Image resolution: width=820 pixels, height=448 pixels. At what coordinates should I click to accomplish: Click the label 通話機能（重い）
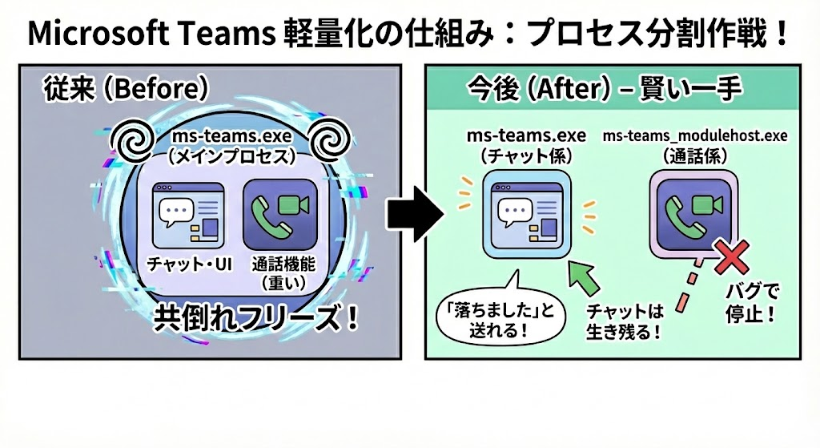[x=275, y=273]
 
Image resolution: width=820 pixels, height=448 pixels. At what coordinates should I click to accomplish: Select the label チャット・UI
[x=190, y=264]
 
